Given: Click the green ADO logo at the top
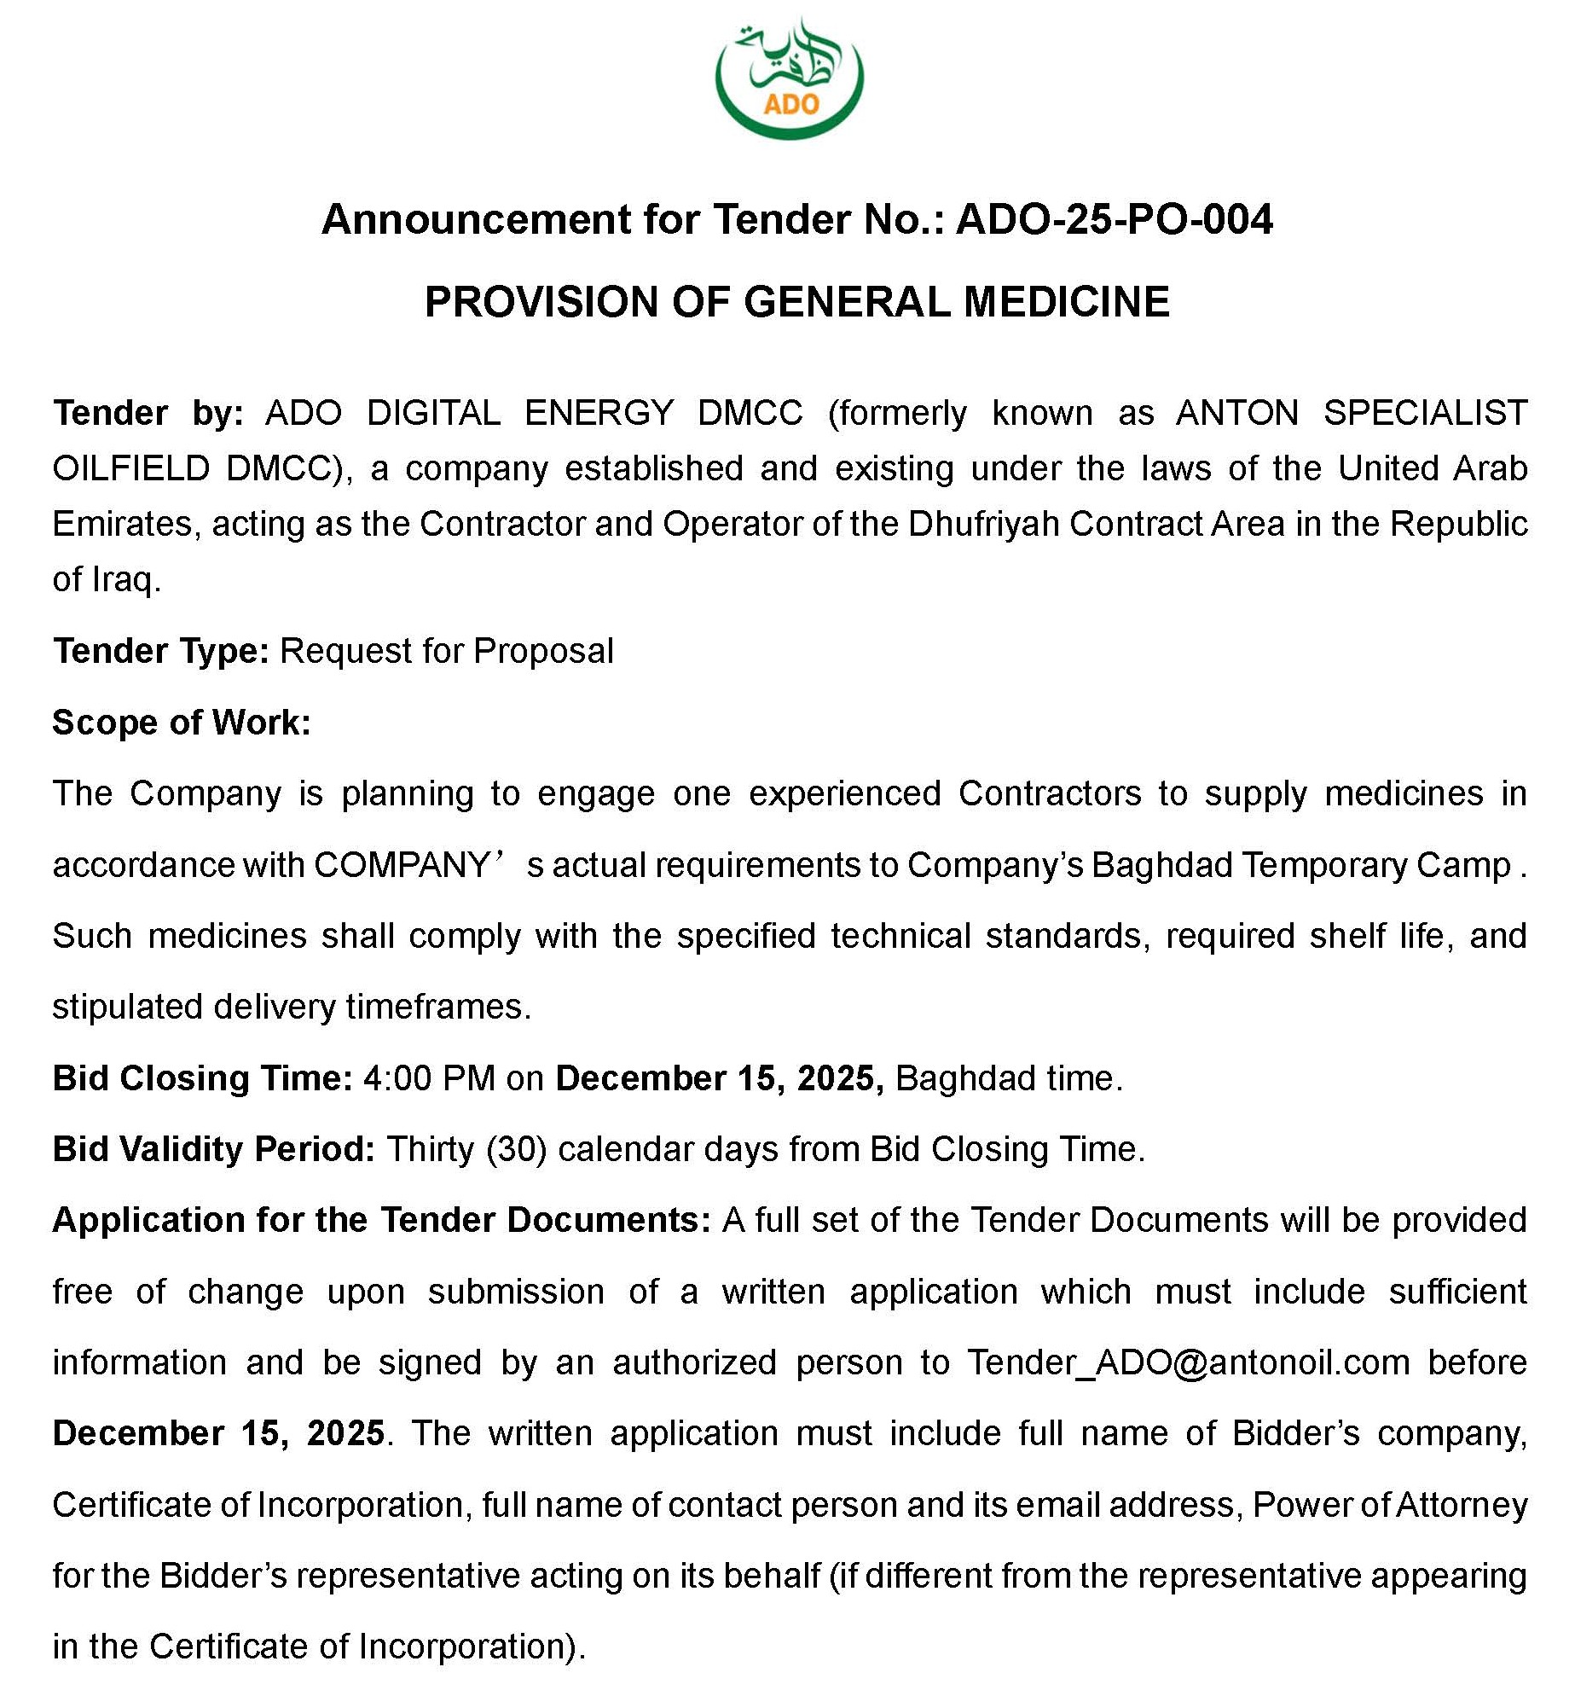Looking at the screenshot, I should pyautogui.click(x=790, y=78).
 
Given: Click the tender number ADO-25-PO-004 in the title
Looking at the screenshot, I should pyautogui.click(x=1115, y=219).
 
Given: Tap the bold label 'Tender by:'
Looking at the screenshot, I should pyautogui.click(x=148, y=413).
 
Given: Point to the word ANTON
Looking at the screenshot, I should pyautogui.click(x=1236, y=413).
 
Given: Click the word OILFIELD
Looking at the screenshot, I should pyautogui.click(x=130, y=468).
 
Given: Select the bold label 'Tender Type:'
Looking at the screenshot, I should pyautogui.click(x=161, y=651).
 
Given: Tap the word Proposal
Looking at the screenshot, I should pyautogui.click(x=543, y=651).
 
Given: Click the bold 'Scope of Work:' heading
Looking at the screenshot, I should pyautogui.click(x=182, y=723).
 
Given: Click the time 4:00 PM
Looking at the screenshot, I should pyautogui.click(x=429, y=1078).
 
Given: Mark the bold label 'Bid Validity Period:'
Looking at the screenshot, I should pyautogui.click(x=214, y=1149).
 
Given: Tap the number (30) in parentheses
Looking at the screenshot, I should pyautogui.click(x=516, y=1149).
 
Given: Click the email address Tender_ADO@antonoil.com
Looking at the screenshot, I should pyautogui.click(x=1188, y=1362).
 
